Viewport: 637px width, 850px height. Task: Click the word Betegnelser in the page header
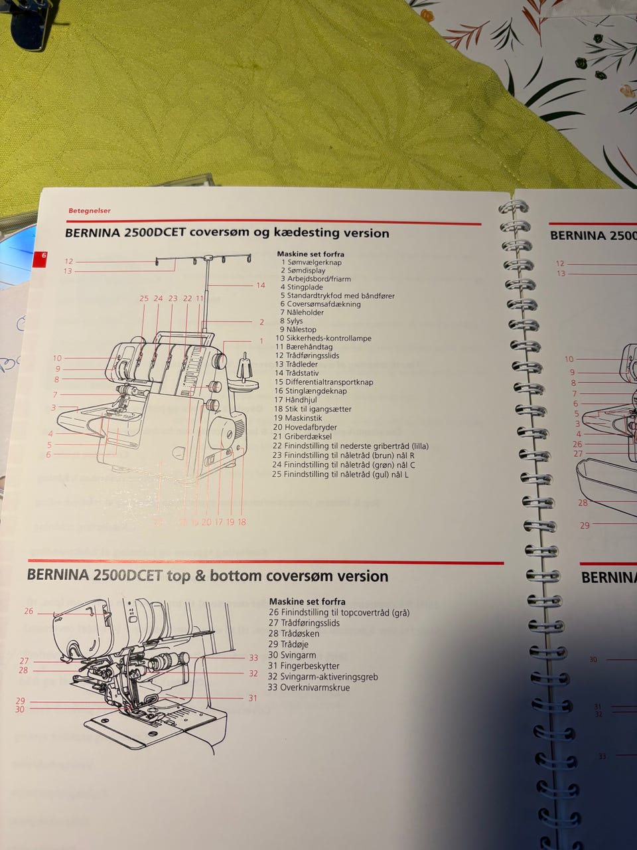pyautogui.click(x=89, y=211)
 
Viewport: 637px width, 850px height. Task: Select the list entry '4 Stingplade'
pyautogui.click(x=309, y=288)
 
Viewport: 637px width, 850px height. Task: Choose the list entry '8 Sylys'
pyautogui.click(x=291, y=321)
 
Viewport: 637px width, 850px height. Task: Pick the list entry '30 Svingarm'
pyautogui.click(x=292, y=655)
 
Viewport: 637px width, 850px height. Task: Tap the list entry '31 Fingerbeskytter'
pyautogui.click(x=304, y=666)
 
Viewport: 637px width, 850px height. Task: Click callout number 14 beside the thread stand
pyautogui.click(x=261, y=286)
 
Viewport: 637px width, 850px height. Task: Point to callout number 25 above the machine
pyautogui.click(x=144, y=299)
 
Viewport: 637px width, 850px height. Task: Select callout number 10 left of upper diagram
pyautogui.click(x=57, y=359)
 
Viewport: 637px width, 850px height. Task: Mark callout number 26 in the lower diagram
pyautogui.click(x=29, y=611)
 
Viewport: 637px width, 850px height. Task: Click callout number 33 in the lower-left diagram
pyautogui.click(x=253, y=658)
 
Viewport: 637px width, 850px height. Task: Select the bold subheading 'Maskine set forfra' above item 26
pyautogui.click(x=307, y=602)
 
